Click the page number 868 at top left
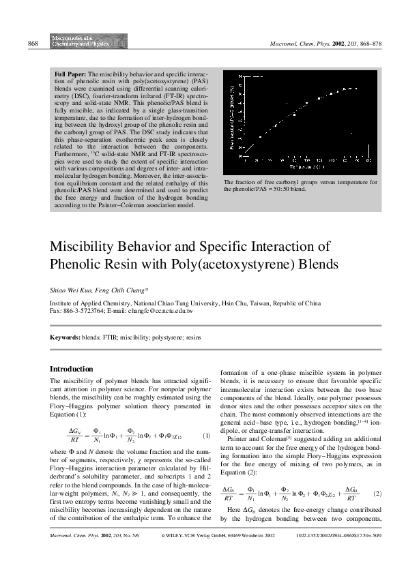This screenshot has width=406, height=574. pyautogui.click(x=32, y=44)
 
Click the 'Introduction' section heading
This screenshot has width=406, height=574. pyautogui.click(x=73, y=369)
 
